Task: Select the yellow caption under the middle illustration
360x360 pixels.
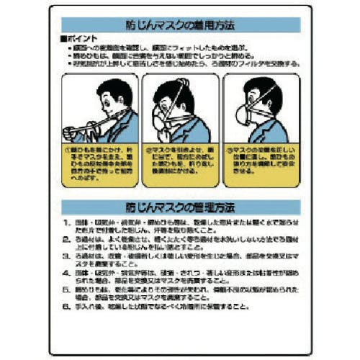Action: [x=180, y=163]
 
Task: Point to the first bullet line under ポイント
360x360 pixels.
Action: [x=180, y=45]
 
